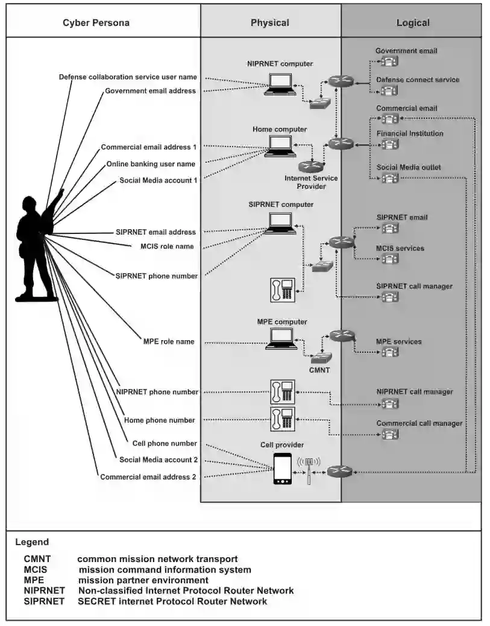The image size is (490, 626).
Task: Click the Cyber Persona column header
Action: tap(96, 23)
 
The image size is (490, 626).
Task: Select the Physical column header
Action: tap(270, 23)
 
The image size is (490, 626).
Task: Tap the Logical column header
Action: tap(413, 23)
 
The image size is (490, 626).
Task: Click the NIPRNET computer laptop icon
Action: tap(281, 83)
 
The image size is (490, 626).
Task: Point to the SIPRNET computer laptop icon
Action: tap(281, 223)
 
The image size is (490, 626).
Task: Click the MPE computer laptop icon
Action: tap(281, 339)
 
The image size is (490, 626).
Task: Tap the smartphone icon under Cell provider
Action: tap(282, 469)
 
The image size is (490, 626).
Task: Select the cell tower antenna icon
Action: tap(309, 469)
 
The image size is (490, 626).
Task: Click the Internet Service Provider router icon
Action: tap(310, 166)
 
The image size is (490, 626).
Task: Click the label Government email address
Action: tap(150, 91)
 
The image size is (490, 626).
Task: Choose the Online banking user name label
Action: tap(151, 164)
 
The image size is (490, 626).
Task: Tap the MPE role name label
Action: tap(169, 342)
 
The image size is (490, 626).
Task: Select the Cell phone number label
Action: tap(165, 443)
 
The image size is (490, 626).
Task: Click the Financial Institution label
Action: tap(409, 134)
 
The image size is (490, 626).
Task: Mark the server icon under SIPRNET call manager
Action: tap(390, 297)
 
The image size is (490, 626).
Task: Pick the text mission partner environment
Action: tap(143, 580)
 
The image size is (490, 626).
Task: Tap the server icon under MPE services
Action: tap(390, 352)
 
